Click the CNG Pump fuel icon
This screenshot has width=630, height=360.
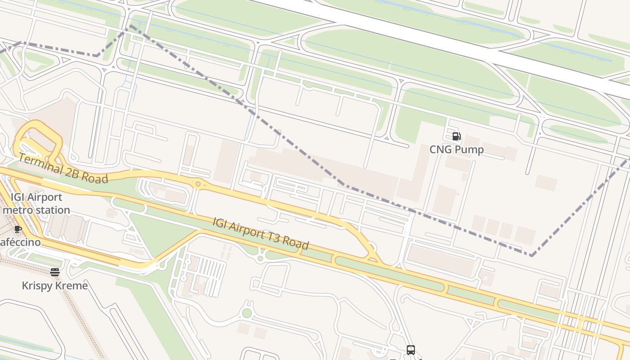click(456, 136)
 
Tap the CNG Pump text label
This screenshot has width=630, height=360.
click(456, 149)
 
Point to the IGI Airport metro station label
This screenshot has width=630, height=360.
click(36, 203)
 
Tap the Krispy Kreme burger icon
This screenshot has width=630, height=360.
click(55, 272)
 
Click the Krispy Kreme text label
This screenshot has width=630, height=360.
click(55, 285)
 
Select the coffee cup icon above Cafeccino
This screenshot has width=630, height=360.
click(18, 229)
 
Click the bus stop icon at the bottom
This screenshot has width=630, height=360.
click(410, 350)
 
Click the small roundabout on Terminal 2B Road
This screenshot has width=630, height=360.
click(198, 184)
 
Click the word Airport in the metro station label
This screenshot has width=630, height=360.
click(45, 197)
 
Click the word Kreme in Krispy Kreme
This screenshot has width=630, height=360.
click(72, 285)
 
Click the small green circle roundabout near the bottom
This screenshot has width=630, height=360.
click(247, 313)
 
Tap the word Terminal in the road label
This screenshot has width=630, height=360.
click(40, 164)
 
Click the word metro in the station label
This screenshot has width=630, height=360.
click(16, 210)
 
